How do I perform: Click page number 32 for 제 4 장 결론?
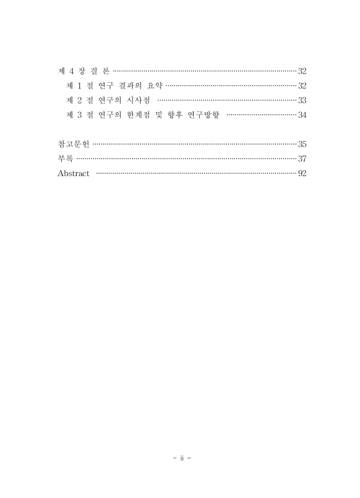302,70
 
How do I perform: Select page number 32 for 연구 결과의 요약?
302,85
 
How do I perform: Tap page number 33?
302,100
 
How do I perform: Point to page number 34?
302,115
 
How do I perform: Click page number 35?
302,144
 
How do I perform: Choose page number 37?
302,159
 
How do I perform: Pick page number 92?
302,174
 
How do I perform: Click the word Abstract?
73,174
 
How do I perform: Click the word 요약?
153,85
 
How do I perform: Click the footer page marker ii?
180,459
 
